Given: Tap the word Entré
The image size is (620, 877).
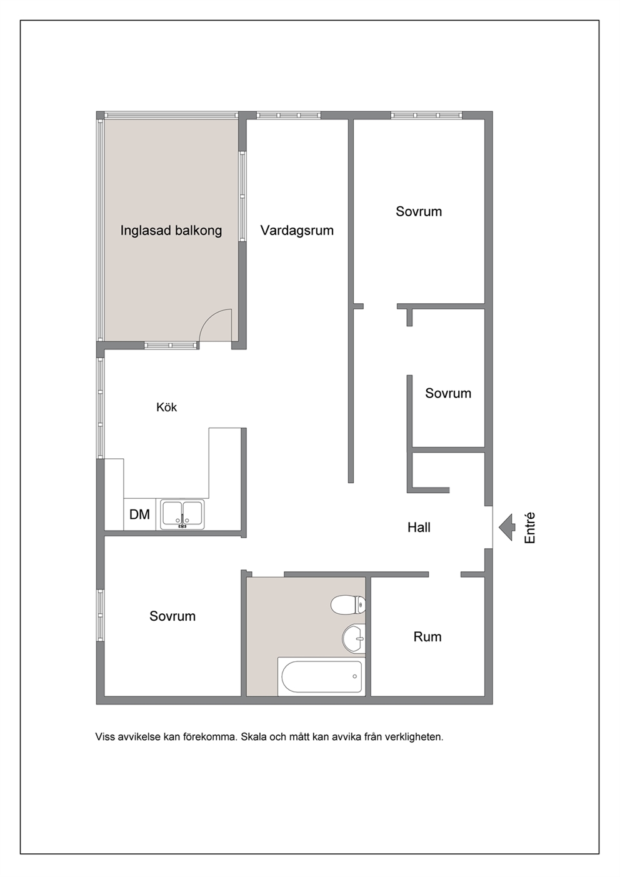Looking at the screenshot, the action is point(529,528).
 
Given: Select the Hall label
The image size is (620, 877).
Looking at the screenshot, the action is point(419,528).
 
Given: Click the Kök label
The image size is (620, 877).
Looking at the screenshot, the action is point(166,407).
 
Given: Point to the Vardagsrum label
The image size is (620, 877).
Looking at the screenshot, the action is point(297,230).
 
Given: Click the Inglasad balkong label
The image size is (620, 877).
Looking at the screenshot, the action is point(171,230).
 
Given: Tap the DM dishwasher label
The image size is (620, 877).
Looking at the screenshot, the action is point(139,514).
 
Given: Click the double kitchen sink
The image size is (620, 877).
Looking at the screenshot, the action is point(182,514).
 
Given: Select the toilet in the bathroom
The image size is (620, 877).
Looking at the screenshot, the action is point(348,605).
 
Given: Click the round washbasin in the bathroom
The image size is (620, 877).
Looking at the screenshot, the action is point(354,639).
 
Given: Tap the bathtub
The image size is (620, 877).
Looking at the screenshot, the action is point(321,676).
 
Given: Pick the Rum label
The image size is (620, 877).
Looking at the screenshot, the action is point(427,636).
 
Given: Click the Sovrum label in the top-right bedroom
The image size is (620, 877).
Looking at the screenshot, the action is point(418,211).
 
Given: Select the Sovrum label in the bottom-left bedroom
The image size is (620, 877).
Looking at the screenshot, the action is point(172,616).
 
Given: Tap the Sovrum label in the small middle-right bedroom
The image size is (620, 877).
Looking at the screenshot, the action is point(448,393).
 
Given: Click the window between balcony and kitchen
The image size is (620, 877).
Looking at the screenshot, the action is point(171,345).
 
